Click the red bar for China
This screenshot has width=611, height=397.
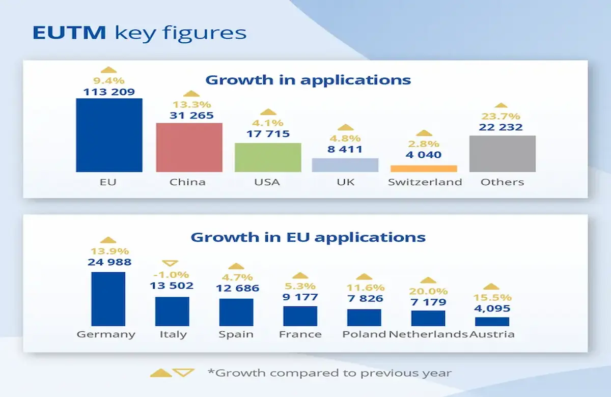(x=189, y=147)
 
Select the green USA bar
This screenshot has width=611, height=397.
(x=268, y=157)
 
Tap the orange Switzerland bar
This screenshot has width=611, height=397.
(x=424, y=168)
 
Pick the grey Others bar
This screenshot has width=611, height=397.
(x=502, y=154)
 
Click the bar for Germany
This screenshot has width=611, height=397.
(x=108, y=299)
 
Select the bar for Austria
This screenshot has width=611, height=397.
(x=492, y=321)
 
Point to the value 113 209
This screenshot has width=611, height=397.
(x=108, y=92)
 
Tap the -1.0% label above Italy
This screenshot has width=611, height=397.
(x=172, y=275)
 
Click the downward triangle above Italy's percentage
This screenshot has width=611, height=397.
(x=172, y=263)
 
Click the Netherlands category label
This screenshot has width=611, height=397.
(x=428, y=334)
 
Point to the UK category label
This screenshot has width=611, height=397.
(x=346, y=182)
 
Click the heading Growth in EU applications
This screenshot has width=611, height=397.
(x=308, y=237)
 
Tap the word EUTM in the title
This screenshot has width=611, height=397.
(x=69, y=33)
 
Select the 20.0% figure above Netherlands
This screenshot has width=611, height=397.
(x=428, y=291)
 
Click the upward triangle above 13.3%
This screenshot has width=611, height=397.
(x=190, y=94)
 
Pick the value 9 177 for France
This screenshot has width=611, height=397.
(x=300, y=297)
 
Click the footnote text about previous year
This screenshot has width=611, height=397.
(x=329, y=373)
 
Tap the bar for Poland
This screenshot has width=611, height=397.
(x=364, y=317)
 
